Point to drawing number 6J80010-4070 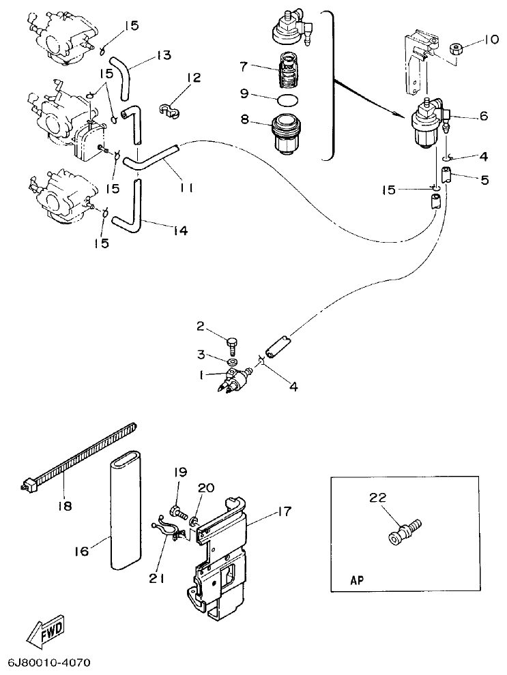[x=49, y=663]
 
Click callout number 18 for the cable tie [x=63, y=507]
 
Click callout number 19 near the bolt [x=179, y=472]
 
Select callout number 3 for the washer [x=201, y=355]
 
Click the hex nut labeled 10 [x=456, y=50]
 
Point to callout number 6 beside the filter [x=484, y=116]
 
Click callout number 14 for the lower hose [x=178, y=232]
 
